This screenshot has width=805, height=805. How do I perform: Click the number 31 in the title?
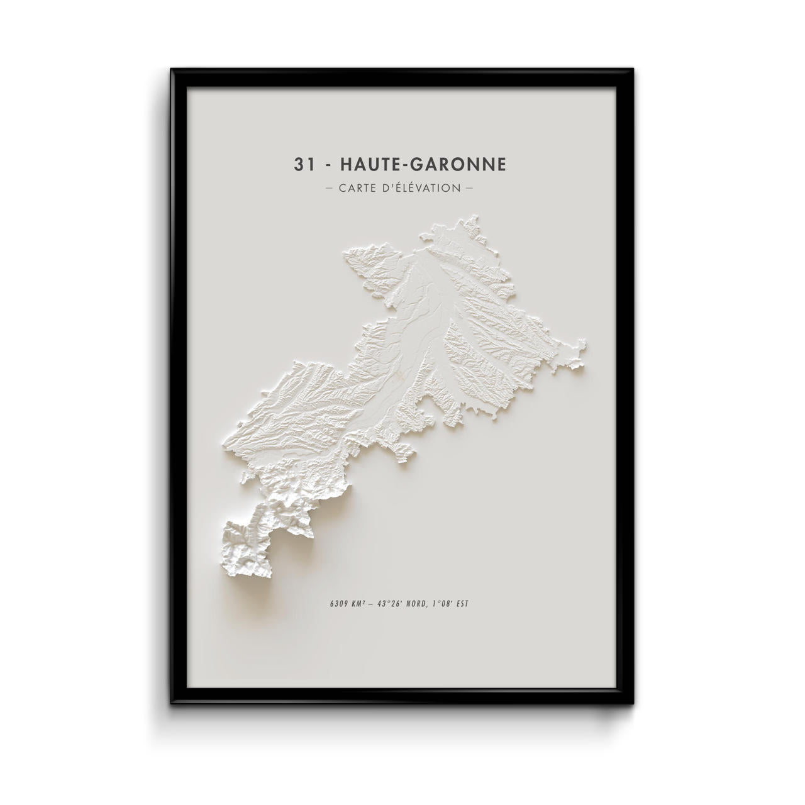tap(303, 165)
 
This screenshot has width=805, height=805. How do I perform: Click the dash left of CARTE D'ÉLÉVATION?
tap(330, 188)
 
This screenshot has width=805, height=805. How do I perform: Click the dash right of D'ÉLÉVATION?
tap(469, 188)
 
